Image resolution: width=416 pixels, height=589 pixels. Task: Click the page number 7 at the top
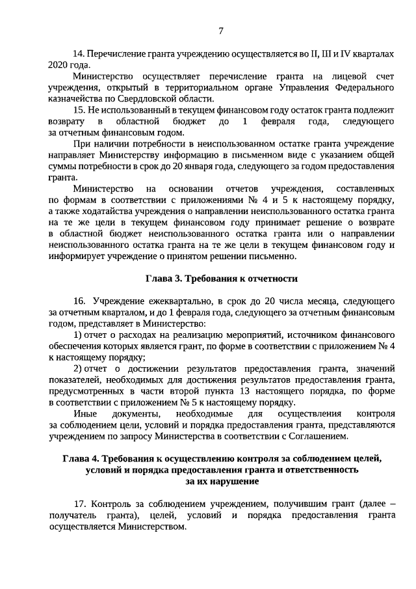point(221,30)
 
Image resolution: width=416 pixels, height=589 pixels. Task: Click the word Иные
point(84,413)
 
